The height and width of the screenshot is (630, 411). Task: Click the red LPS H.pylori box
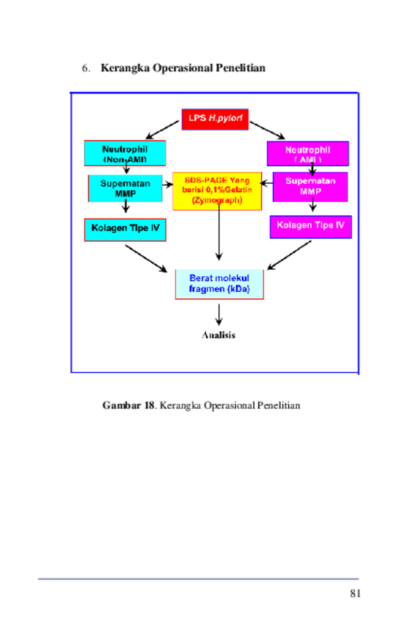point(215,119)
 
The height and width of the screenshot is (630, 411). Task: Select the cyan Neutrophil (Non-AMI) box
point(125,153)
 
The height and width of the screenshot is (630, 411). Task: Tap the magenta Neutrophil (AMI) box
point(308,154)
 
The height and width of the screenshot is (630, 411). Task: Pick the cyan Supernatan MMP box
point(125,188)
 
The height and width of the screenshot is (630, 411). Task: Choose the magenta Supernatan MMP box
point(310,187)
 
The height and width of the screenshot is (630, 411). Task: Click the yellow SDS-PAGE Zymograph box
point(217,191)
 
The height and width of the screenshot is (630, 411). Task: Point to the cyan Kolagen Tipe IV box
point(125,230)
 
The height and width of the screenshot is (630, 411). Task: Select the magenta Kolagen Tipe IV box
point(311,227)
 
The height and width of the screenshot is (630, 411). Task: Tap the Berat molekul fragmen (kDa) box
point(219,284)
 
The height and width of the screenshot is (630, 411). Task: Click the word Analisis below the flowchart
point(218,335)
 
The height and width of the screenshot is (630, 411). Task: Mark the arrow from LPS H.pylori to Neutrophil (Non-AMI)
point(163,130)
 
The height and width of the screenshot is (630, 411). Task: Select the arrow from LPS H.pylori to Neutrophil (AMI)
point(267,131)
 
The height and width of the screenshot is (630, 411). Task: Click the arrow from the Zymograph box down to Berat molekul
point(219,230)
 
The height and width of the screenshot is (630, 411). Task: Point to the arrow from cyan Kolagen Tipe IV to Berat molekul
point(147,258)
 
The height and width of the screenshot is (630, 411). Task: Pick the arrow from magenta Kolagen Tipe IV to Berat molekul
point(289,255)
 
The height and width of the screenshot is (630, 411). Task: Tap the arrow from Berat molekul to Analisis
point(219,315)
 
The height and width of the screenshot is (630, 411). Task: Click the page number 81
point(355,593)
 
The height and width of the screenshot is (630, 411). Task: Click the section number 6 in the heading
point(85,68)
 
